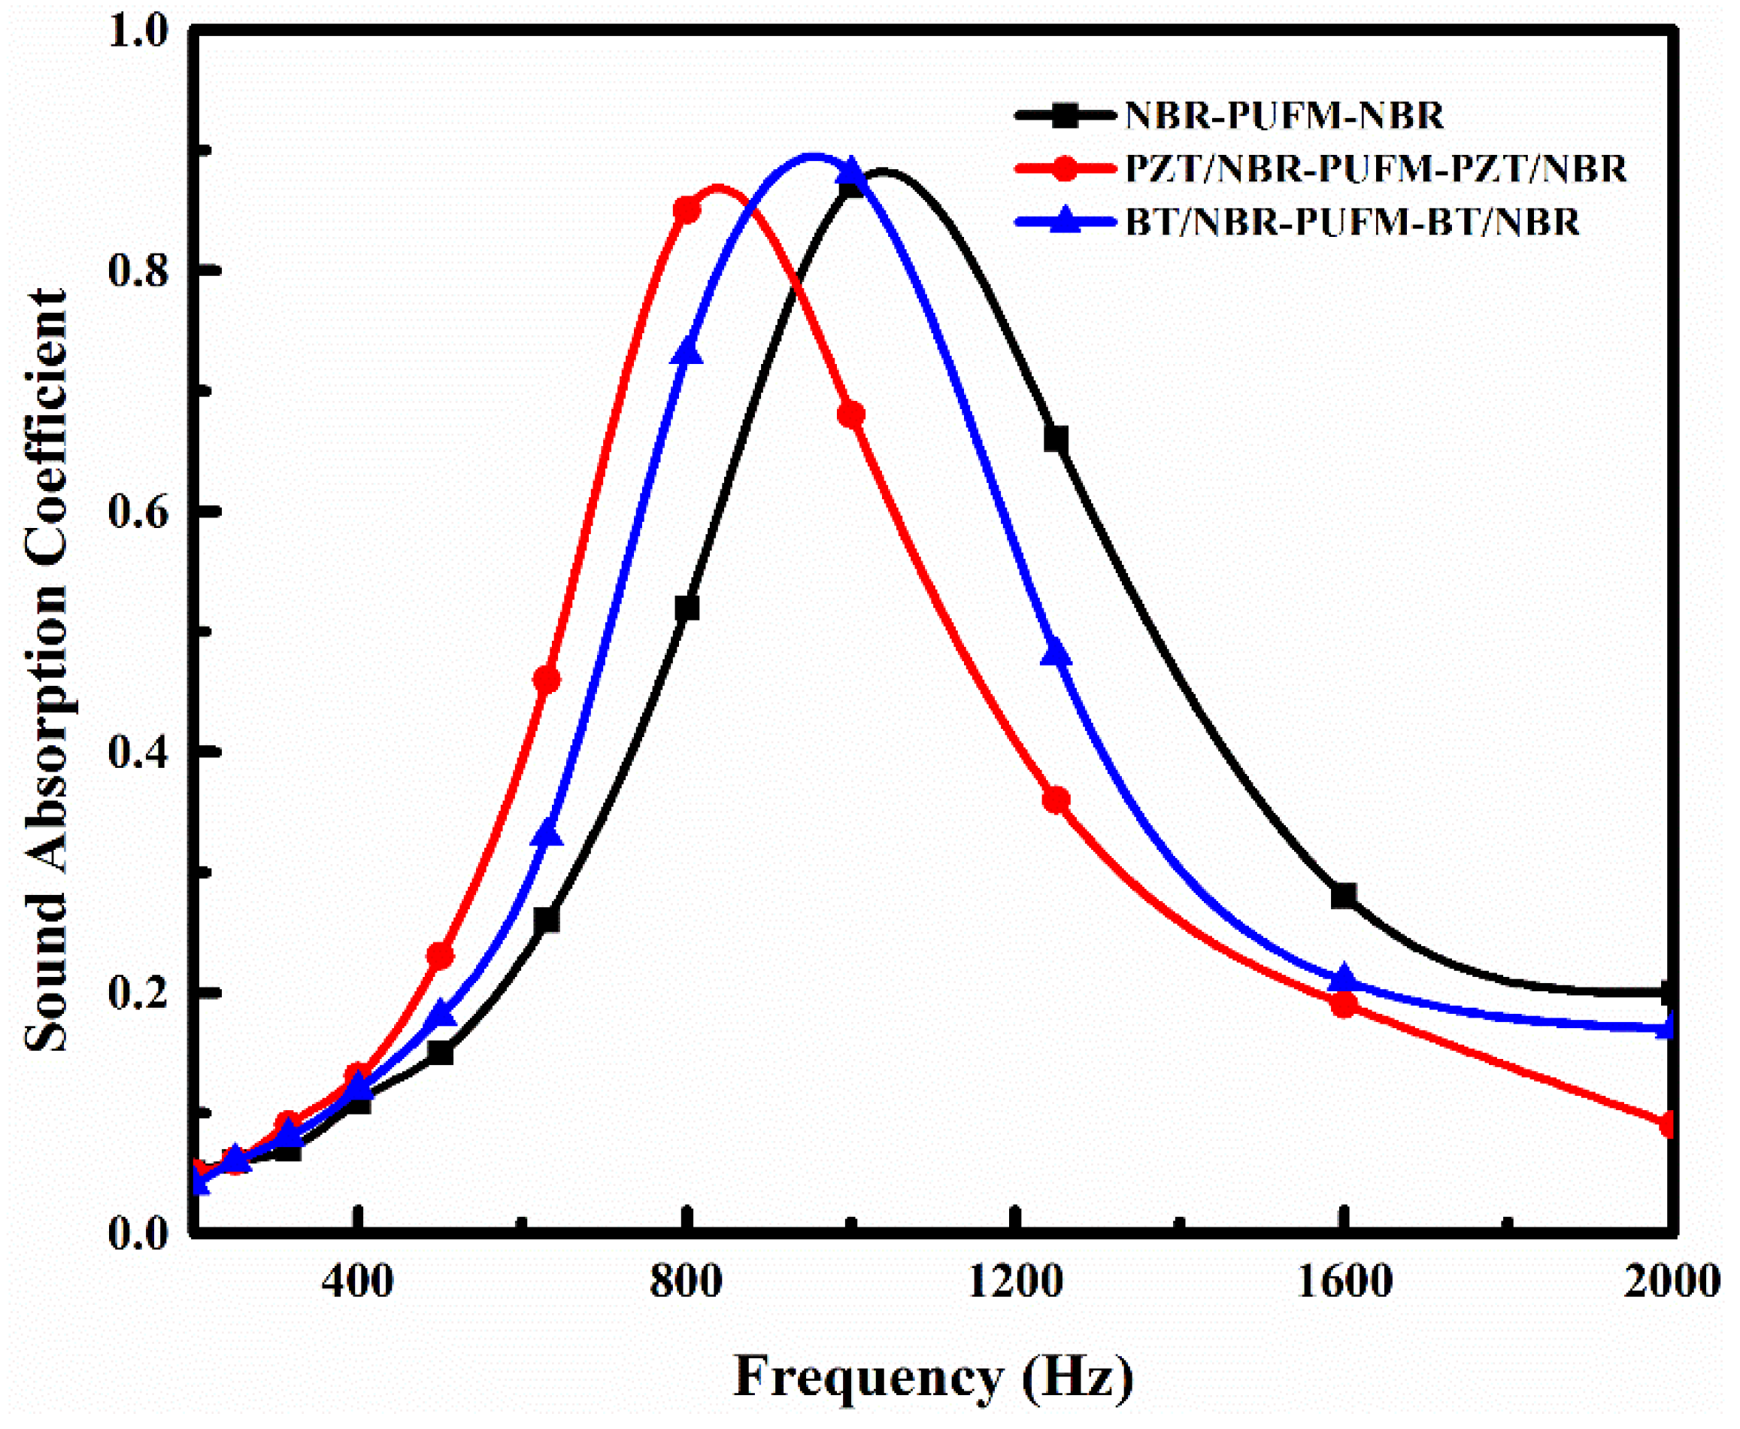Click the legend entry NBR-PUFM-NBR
(1284, 115)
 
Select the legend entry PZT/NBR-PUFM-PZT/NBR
(1375, 168)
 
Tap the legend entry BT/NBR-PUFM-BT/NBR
(1352, 223)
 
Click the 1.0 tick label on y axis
(142, 32)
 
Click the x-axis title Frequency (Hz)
(933, 1376)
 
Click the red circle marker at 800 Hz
(687, 211)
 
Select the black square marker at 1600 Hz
(1343, 896)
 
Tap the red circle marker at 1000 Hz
(851, 414)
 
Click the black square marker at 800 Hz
(687, 608)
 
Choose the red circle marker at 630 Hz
(547, 680)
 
